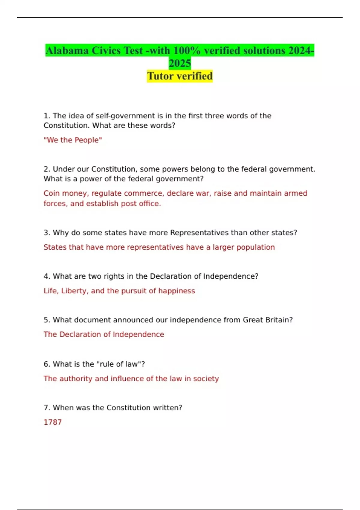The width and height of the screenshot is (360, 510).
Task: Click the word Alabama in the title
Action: [x=67, y=51]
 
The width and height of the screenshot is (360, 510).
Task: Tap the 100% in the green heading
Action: [x=187, y=51]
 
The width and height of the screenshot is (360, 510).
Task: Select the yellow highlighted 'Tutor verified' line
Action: [x=180, y=76]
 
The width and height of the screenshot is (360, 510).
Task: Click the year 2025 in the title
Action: [x=180, y=63]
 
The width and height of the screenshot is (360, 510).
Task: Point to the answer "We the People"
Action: [x=73, y=140]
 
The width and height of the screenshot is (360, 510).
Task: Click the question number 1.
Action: [x=46, y=116]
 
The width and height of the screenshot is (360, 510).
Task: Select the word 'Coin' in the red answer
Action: [x=52, y=193]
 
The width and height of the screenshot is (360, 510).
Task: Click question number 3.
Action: [x=46, y=232]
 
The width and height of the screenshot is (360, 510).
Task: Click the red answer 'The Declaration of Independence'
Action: [x=104, y=334]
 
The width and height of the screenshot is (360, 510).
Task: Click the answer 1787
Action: [x=53, y=422]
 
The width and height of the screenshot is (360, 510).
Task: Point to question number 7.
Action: [x=46, y=408]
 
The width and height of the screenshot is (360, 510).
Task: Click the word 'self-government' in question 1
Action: [x=125, y=116]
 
